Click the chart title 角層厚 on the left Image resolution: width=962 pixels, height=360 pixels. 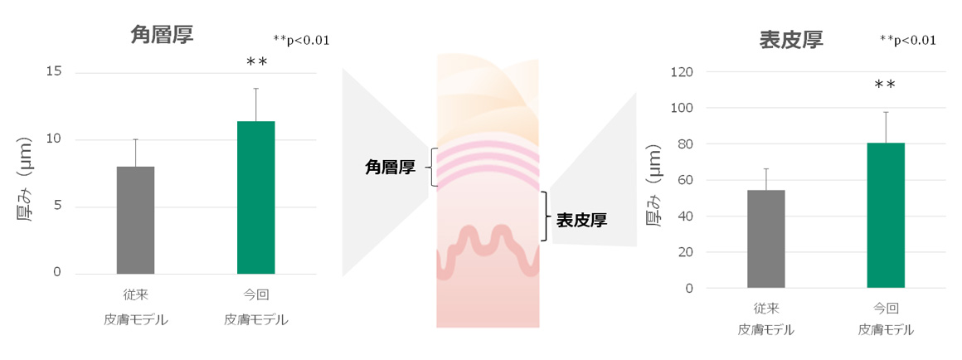tap(162, 35)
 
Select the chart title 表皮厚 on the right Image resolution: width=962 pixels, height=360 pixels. tap(791, 41)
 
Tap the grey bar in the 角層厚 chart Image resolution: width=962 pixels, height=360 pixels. tap(135, 220)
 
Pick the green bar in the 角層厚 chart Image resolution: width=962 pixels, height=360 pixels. tap(255, 197)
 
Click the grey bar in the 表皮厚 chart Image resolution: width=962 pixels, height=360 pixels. tap(765, 239)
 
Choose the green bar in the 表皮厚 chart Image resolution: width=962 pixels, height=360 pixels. tap(886, 216)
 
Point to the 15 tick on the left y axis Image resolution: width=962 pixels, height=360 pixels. tap(53, 72)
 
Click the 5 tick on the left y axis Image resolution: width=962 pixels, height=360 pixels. tap(58, 206)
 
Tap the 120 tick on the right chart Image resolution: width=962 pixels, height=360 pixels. tap(682, 72)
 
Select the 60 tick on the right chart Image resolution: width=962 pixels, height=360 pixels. tap(685, 180)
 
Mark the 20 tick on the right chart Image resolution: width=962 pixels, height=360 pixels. tap(685, 252)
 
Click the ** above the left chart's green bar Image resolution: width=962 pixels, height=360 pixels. tap(256, 62)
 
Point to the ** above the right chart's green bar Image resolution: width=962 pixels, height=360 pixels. tap(885, 85)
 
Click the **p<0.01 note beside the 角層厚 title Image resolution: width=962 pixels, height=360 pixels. tap(301, 41)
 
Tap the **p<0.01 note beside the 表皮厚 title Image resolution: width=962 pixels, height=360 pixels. tap(907, 41)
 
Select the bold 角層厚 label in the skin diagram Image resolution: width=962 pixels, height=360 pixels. tap(391, 167)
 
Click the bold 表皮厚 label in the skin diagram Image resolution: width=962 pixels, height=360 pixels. tap(581, 221)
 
